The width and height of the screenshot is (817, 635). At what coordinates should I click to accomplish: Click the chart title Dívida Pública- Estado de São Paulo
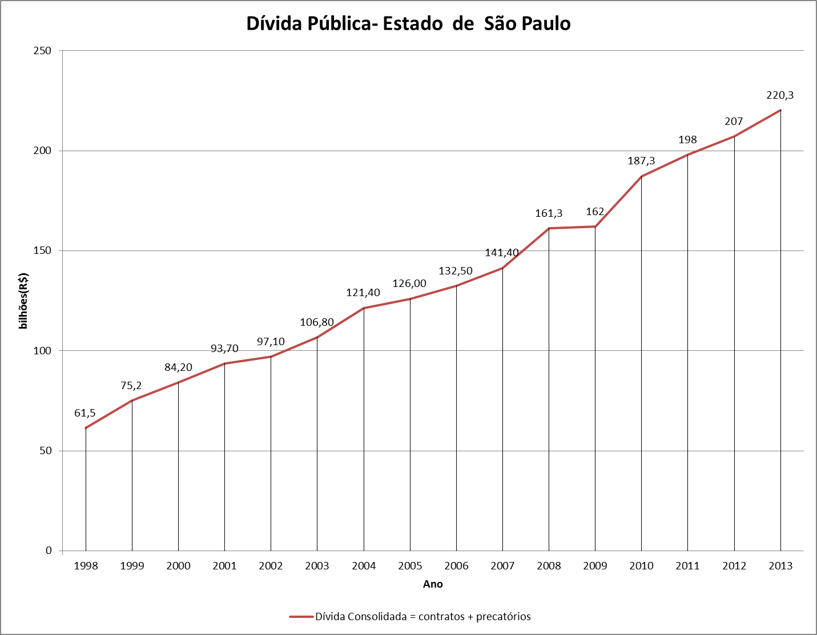click(408, 23)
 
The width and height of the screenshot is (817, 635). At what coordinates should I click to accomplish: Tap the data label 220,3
click(780, 95)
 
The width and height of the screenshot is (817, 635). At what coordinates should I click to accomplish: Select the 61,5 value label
click(85, 413)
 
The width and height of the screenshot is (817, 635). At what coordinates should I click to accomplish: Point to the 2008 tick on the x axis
click(549, 566)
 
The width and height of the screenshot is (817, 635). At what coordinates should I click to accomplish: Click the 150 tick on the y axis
click(42, 250)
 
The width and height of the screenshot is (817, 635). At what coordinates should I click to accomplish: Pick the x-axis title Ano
click(433, 584)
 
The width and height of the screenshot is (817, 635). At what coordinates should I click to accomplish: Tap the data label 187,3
click(641, 161)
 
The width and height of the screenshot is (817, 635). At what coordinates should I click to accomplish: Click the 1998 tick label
click(86, 566)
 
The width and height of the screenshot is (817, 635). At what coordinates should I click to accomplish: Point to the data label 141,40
click(502, 253)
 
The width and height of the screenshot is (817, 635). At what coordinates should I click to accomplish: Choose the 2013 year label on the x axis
click(780, 566)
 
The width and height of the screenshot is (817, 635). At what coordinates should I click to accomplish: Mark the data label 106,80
click(317, 322)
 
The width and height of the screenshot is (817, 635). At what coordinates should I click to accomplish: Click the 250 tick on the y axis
click(42, 51)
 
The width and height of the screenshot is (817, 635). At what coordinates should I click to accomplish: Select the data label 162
click(595, 212)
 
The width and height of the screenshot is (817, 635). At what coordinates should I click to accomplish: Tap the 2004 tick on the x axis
click(364, 566)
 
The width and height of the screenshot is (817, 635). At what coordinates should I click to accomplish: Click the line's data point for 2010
click(641, 176)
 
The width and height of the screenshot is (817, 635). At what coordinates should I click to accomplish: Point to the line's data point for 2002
click(271, 357)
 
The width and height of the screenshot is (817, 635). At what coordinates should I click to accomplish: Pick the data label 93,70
click(224, 349)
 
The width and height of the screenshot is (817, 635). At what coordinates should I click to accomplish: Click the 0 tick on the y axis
click(49, 551)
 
